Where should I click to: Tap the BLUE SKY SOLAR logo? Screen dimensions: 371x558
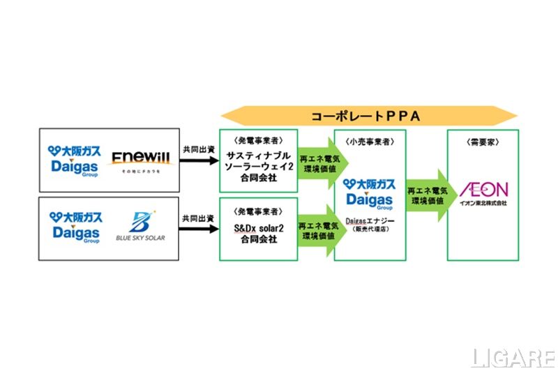140,227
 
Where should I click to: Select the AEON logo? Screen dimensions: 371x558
483,190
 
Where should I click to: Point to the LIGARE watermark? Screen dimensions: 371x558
513,356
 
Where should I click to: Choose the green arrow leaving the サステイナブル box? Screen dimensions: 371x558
315,160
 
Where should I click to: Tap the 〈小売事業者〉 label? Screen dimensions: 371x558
369,140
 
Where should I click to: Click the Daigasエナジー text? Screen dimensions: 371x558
369,221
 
